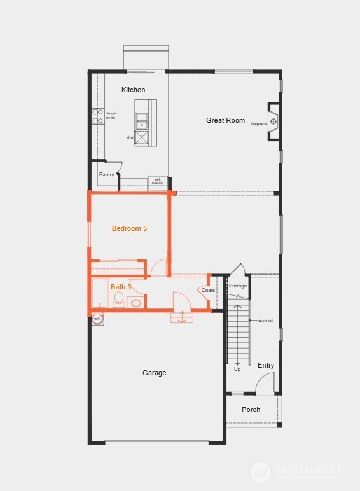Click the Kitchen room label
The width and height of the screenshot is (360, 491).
[x=133, y=90]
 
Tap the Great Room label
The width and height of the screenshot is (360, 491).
[x=225, y=120]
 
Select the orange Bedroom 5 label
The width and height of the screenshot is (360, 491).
[x=129, y=228]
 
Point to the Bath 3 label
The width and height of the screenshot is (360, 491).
[x=121, y=287]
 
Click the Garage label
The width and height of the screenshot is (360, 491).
[x=154, y=373]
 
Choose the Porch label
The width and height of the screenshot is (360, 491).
[x=251, y=410]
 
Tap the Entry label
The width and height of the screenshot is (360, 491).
[x=266, y=365]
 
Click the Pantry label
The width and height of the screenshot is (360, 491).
[x=106, y=174]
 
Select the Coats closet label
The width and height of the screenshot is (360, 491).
[x=208, y=290]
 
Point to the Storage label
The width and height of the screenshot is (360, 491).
[x=237, y=286]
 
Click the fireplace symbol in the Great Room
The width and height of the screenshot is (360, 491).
[x=273, y=121]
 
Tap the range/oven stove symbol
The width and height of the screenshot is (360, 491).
[x=97, y=116]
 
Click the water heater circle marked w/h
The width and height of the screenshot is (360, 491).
[x=98, y=318]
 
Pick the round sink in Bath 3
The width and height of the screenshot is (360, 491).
[x=135, y=303]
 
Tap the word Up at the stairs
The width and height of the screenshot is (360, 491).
[x=237, y=369]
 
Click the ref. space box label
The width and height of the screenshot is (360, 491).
[x=157, y=181]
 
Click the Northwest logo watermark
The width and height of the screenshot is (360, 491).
[x=296, y=472]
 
